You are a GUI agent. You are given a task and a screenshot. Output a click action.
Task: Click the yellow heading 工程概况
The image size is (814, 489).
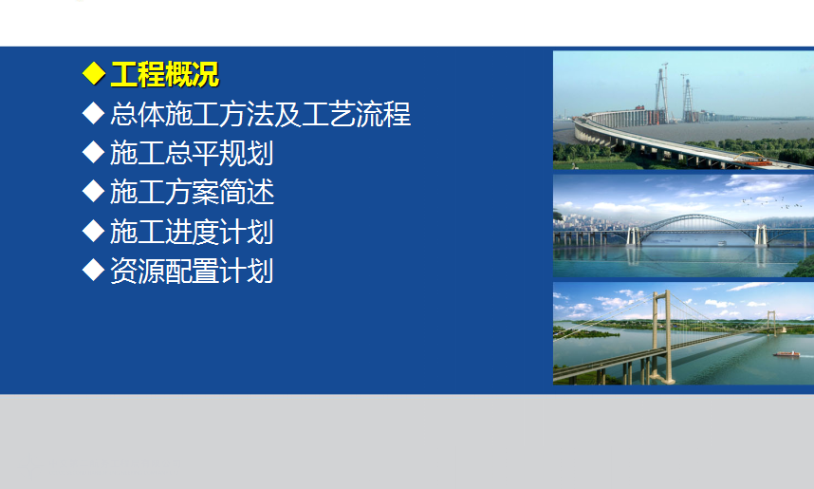coord(164,74)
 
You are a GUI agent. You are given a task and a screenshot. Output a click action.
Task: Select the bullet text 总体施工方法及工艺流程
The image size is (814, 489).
coord(261,114)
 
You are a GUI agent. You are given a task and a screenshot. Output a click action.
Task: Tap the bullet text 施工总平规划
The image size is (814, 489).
coord(192,153)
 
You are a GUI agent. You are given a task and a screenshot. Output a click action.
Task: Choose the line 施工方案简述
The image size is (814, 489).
coord(192,192)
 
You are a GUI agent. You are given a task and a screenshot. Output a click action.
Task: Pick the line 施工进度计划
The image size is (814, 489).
coord(192,232)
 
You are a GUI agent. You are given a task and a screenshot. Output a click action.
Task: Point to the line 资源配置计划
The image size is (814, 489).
coord(192,271)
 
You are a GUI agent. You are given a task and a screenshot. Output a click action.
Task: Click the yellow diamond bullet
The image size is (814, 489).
coord(93,73)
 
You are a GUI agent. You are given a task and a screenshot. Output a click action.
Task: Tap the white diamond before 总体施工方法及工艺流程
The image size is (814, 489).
coord(93,113)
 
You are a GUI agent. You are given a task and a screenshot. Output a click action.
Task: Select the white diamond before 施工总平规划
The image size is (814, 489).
coord(93,152)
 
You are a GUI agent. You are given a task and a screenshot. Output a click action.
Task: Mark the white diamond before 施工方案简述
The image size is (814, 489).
coord(93,191)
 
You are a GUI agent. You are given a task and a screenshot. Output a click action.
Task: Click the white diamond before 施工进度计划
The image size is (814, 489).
coord(93,231)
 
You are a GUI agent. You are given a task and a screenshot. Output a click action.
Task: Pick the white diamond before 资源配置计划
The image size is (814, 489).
coord(93,270)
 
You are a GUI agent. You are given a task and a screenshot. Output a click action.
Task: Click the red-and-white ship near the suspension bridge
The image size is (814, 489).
coord(786,354)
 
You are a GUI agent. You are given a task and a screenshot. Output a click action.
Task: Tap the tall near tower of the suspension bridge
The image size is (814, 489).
coord(662,337)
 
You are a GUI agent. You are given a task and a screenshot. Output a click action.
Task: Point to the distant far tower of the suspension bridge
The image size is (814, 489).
coord(772,322)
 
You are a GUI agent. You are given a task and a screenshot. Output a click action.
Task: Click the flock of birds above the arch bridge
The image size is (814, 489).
coord(771,201)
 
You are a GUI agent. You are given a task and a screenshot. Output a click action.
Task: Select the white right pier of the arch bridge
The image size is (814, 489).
coord(761,235)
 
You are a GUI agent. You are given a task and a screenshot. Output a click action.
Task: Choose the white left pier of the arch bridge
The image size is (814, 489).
coord(634,235)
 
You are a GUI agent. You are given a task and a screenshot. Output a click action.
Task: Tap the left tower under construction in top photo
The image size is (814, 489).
coord(662,94)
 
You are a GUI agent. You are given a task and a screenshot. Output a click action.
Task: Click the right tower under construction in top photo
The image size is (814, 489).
coord(687,99)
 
